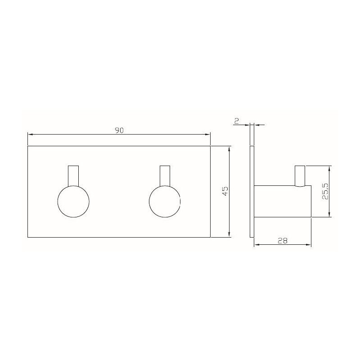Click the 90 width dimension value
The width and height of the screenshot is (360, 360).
pyautogui.click(x=119, y=130)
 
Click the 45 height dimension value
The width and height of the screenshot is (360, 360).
pyautogui.click(x=225, y=191)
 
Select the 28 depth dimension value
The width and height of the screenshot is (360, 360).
pyautogui.click(x=283, y=241)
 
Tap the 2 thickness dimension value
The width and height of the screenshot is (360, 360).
pyautogui.click(x=236, y=120)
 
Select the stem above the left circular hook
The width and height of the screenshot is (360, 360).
pyautogui.click(x=73, y=175)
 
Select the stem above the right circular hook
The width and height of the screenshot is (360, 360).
pyautogui.click(x=165, y=175)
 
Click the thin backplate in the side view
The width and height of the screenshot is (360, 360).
pyautogui.click(x=252, y=191)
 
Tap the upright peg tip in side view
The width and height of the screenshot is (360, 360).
pyautogui.click(x=299, y=175)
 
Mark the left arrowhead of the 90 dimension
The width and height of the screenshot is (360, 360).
pyautogui.click(x=30, y=134)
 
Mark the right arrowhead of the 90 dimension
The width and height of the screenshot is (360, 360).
pyautogui.click(x=208, y=134)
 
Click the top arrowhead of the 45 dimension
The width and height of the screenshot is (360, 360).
pyautogui.click(x=230, y=148)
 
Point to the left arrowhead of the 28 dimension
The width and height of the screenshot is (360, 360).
pyautogui.click(x=256, y=245)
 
